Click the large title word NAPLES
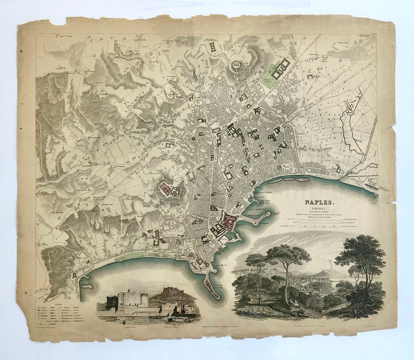pyautogui.click(x=319, y=202)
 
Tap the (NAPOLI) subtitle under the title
pyautogui.click(x=319, y=209)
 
